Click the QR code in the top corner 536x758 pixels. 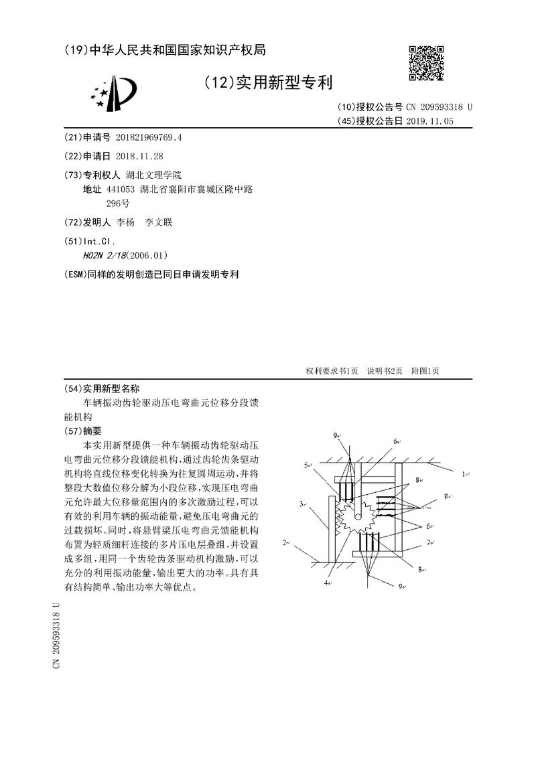(427, 63)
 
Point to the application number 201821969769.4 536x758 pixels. (149, 137)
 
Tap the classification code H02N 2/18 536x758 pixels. (106, 255)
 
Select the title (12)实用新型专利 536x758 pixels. (267, 82)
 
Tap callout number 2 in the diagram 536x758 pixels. (286, 542)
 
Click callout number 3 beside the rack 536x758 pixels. (303, 503)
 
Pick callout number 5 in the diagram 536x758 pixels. (307, 464)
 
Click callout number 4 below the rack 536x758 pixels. (328, 583)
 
